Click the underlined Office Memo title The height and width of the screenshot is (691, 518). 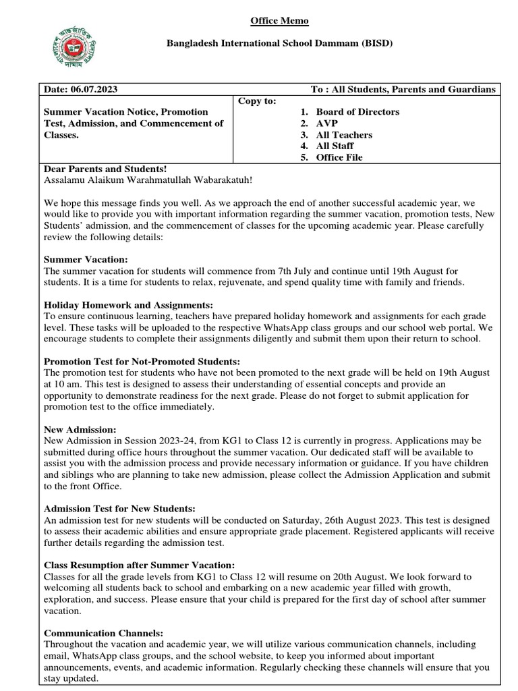tap(279, 21)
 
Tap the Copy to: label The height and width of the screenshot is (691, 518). tap(257, 101)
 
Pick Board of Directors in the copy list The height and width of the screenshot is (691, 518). tap(357, 112)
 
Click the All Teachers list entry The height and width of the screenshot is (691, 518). tap(344, 135)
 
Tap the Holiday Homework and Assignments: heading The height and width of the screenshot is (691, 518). tap(128, 305)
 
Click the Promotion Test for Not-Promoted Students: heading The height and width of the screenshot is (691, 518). tap(142, 362)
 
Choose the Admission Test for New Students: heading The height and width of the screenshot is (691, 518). tap(119, 508)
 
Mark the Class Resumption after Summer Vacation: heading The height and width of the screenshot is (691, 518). tap(139, 564)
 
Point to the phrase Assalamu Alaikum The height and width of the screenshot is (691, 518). tap(81, 181)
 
